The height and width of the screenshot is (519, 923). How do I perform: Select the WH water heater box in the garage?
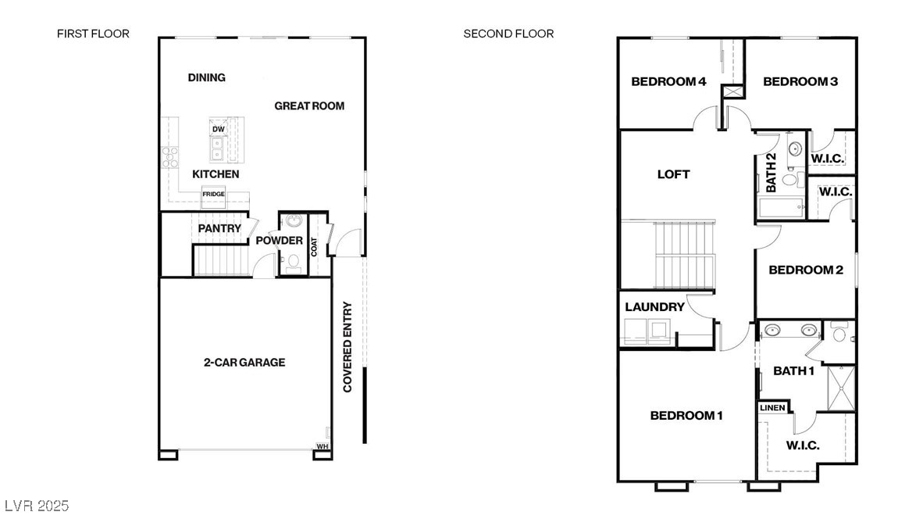pos(322,446)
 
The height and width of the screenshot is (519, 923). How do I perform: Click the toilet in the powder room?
pos(293,266)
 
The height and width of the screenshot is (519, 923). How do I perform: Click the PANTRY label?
pos(219,228)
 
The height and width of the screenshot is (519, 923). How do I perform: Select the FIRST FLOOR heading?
pos(93,34)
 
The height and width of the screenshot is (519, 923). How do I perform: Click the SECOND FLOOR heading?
pos(508,34)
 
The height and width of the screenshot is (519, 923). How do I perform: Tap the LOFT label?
pos(673,174)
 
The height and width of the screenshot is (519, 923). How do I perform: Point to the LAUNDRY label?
pos(654,306)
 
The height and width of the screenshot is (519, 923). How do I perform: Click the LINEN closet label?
pos(772,408)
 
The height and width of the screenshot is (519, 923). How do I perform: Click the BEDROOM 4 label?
pos(669,81)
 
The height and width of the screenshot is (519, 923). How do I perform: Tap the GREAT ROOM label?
pos(309,106)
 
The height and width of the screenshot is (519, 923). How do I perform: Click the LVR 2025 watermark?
pos(36,506)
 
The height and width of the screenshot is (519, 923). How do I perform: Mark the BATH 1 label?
pos(793,370)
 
